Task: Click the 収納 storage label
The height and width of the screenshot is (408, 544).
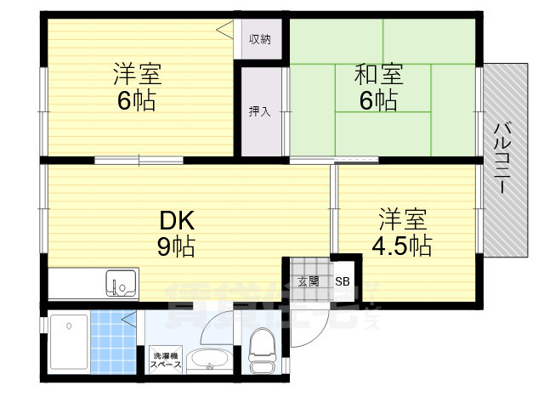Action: pyautogui.click(x=260, y=39)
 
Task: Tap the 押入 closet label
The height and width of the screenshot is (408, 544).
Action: pyautogui.click(x=259, y=111)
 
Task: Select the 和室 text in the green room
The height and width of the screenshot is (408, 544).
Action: pyautogui.click(x=378, y=74)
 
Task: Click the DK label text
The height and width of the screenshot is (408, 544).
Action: pyautogui.click(x=178, y=221)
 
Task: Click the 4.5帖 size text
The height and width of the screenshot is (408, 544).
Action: pyautogui.click(x=404, y=246)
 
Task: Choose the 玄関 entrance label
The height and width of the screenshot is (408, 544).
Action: pyautogui.click(x=309, y=281)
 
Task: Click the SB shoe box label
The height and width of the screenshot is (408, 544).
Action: pyautogui.click(x=341, y=281)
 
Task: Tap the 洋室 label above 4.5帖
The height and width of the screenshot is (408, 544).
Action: pyautogui.click(x=404, y=218)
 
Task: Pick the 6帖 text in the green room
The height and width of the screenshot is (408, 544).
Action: pyautogui.click(x=378, y=101)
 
